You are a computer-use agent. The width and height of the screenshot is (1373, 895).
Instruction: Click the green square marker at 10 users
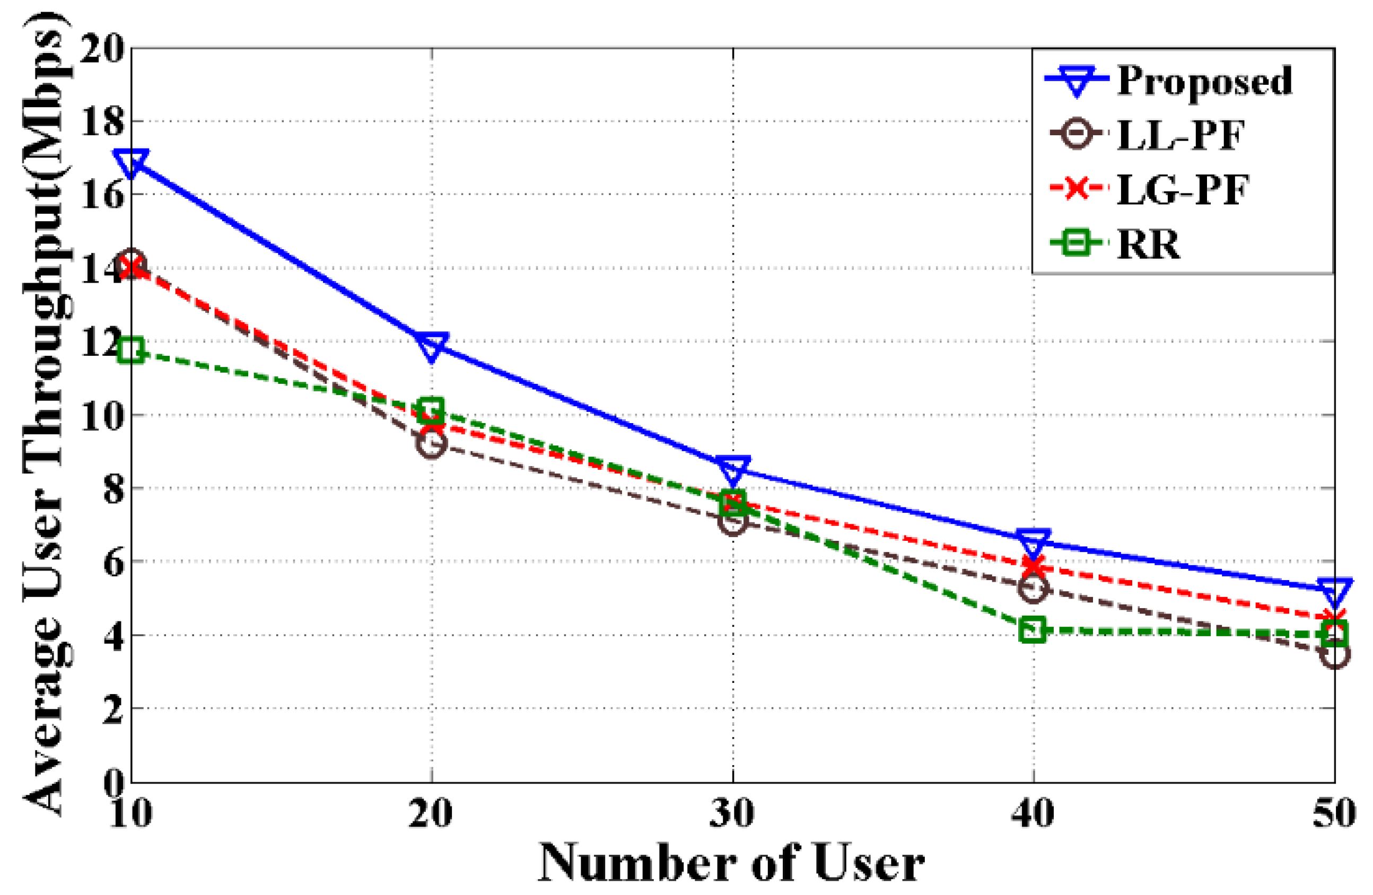(132, 350)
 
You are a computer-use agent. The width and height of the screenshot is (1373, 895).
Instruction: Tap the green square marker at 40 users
(1033, 630)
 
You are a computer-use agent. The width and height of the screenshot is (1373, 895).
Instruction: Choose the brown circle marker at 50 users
(1334, 656)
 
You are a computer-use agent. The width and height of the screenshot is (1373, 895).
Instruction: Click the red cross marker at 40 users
(1033, 567)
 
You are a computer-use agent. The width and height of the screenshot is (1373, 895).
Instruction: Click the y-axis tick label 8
(113, 488)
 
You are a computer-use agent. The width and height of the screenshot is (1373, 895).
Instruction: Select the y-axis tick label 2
(113, 709)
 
